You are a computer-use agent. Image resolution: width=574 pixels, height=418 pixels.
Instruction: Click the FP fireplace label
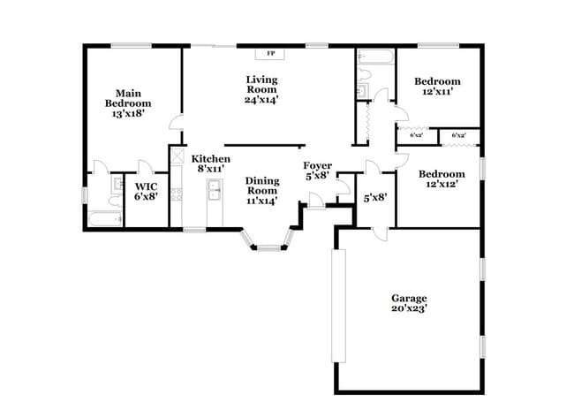click(x=271, y=53)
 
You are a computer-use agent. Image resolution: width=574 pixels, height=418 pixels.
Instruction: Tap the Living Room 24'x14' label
click(x=261, y=89)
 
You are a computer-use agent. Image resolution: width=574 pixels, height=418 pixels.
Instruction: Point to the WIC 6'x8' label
click(x=146, y=192)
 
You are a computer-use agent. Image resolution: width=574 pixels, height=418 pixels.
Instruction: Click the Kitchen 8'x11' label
click(x=211, y=163)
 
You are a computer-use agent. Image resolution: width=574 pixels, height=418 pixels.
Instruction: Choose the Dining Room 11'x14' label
click(x=261, y=190)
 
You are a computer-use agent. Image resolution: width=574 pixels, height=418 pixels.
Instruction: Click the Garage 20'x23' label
click(x=409, y=303)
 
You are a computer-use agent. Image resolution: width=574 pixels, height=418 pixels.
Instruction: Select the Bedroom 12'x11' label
click(x=437, y=87)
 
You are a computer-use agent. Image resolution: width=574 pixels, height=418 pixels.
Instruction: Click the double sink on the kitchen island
click(x=213, y=188)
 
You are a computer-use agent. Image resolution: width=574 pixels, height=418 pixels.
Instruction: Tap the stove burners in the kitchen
click(x=176, y=193)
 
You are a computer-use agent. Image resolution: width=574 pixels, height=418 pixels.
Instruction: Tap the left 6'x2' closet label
click(x=416, y=135)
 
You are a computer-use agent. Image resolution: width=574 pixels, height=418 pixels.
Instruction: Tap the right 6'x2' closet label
click(x=458, y=135)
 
